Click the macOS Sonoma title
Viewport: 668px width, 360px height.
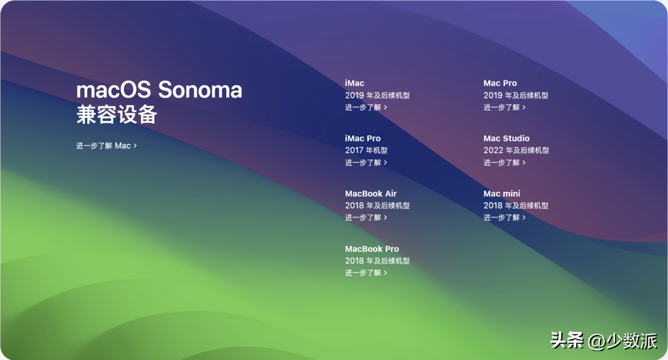pos(159,90)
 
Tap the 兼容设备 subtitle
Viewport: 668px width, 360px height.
pos(117,114)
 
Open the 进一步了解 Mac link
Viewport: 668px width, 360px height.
pos(107,145)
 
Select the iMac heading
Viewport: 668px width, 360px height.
pos(354,83)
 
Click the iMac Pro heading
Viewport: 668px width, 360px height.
pos(363,138)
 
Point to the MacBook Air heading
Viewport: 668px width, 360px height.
pos(370,194)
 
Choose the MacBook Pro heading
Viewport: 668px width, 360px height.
pos(372,249)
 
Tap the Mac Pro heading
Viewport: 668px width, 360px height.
pos(500,83)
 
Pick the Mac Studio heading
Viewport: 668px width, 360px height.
pos(506,138)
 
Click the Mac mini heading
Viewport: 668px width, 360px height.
pos(502,194)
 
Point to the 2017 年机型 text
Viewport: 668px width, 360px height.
pos(366,150)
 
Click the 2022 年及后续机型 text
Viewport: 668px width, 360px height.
pos(517,150)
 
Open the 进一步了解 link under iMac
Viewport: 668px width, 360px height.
pos(366,107)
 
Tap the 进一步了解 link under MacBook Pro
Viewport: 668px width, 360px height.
pos(366,273)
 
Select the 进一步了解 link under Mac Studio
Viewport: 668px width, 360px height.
pos(505,163)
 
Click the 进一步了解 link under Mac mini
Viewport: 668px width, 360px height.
pos(505,218)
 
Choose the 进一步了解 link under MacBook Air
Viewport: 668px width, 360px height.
pos(366,218)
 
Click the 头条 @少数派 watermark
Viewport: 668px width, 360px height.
pos(604,340)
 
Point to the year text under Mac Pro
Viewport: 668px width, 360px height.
pos(516,95)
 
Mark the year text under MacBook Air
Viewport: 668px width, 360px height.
pos(378,206)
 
